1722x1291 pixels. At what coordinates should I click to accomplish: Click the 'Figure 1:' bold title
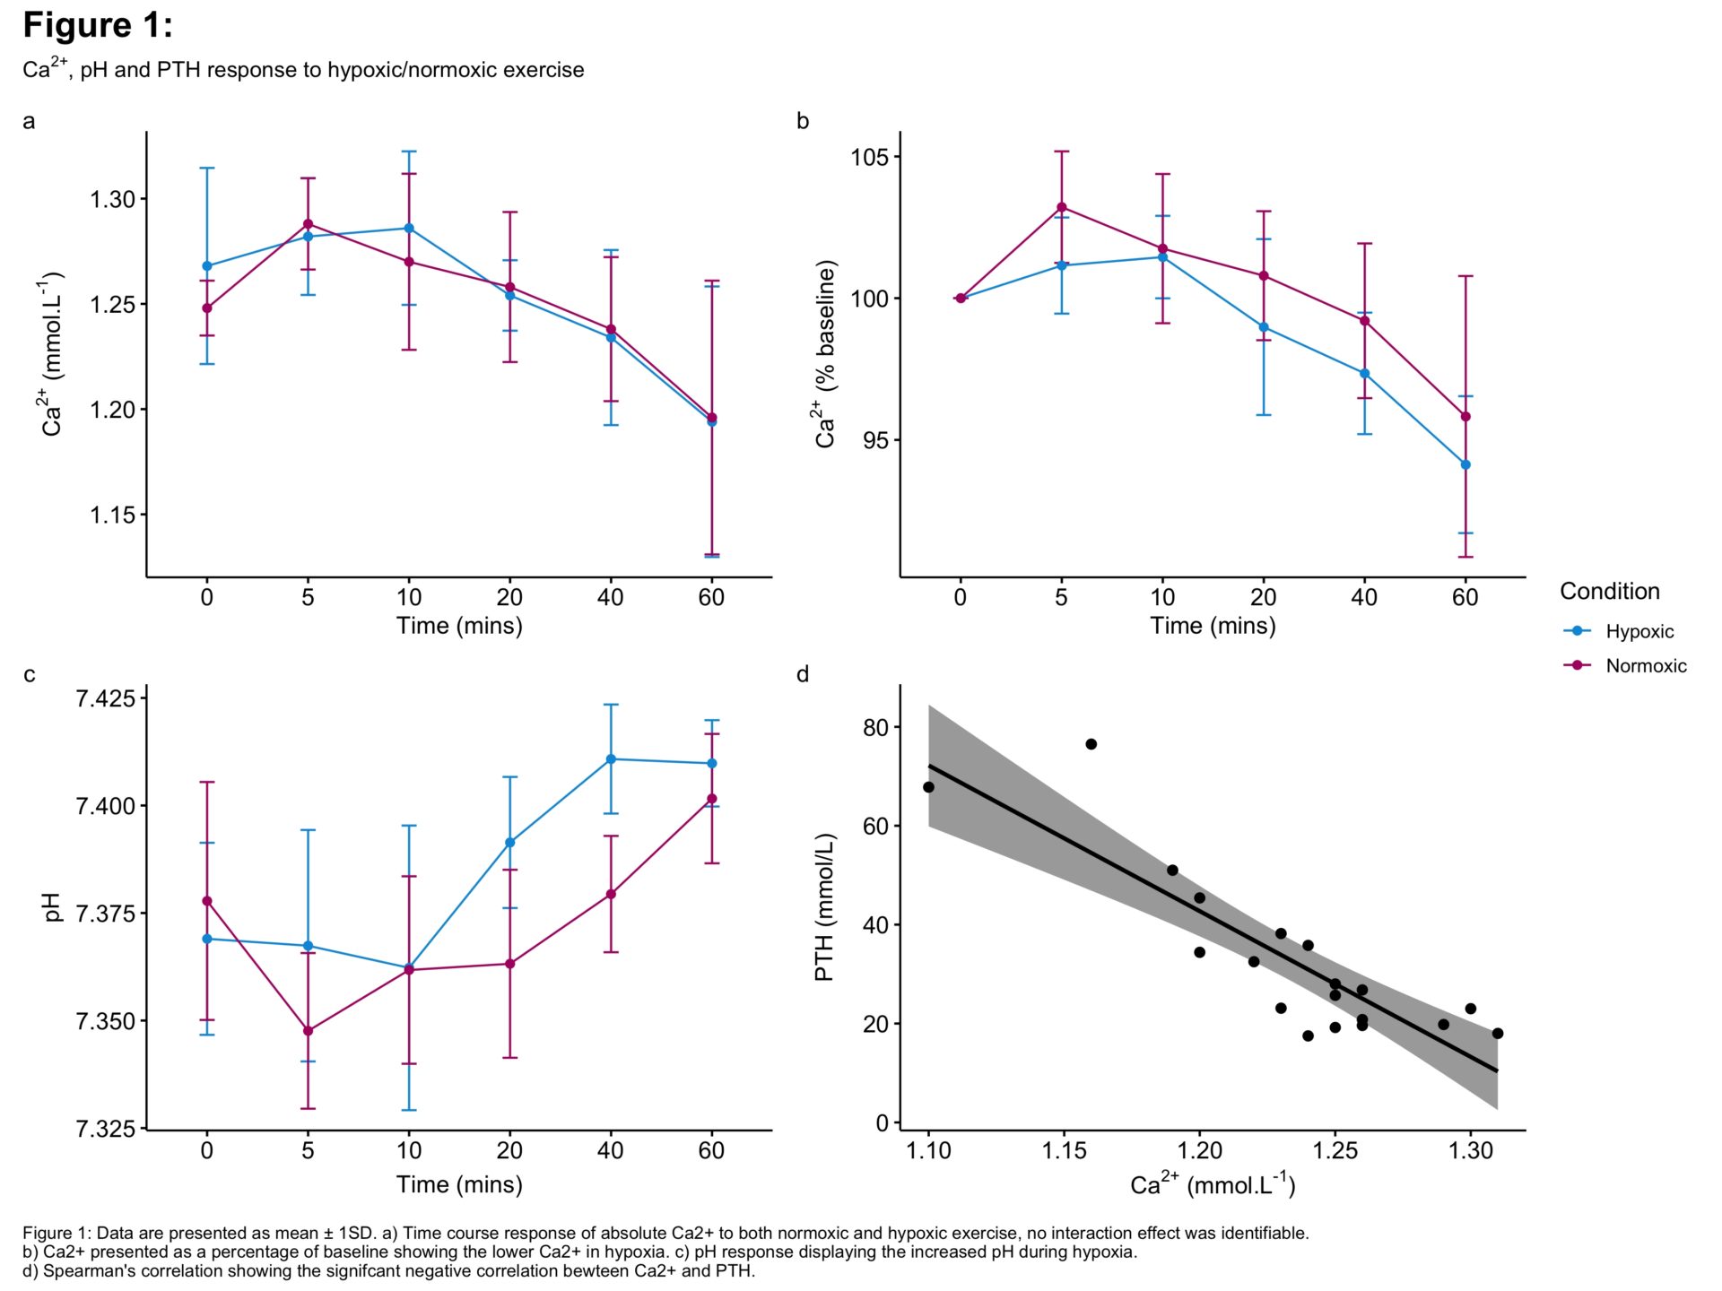pos(97,26)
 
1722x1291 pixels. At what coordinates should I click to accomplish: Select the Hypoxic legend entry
pos(1639,631)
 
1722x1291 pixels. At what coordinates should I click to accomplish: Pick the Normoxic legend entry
pos(1645,666)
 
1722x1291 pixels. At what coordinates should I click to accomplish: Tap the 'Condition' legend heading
pos(1609,592)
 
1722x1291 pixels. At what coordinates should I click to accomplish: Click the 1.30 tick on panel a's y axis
pos(112,199)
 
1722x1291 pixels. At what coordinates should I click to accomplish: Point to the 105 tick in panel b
pos(869,158)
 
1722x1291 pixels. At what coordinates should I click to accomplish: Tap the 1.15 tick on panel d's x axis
pos(1064,1150)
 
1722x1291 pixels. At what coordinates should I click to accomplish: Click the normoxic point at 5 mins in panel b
pos(1062,207)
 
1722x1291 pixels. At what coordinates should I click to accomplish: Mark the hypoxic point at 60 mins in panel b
pos(1465,464)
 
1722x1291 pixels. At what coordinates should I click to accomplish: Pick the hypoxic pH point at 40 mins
pos(612,759)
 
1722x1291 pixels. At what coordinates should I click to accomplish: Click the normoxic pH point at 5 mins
pos(309,1031)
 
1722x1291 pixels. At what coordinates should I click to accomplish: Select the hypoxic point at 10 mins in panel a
pos(409,228)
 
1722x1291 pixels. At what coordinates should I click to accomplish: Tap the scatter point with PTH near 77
pos(1091,744)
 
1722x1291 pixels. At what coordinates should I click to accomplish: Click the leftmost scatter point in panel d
pos(928,787)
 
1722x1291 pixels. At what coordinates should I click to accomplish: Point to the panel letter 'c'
pos(30,674)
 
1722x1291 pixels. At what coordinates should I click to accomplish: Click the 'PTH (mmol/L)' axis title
pos(824,907)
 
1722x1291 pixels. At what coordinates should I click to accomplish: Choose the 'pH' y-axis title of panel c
pos(52,907)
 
